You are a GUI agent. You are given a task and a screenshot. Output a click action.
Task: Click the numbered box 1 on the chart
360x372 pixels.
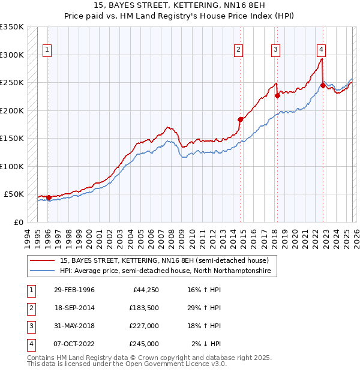click(x=47, y=50)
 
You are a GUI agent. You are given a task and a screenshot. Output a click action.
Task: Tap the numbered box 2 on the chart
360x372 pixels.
click(x=239, y=50)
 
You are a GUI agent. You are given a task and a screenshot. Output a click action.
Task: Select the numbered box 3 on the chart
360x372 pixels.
click(x=275, y=50)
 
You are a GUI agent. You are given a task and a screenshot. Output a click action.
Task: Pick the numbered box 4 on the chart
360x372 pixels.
click(x=322, y=50)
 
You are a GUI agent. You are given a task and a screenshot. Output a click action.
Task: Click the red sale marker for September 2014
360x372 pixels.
click(x=241, y=119)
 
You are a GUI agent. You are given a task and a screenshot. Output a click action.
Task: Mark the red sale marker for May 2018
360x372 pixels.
click(x=277, y=95)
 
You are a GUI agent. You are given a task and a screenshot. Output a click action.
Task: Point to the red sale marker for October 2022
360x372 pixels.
click(x=323, y=85)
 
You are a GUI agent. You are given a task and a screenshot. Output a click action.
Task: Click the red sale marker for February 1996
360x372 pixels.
click(x=49, y=197)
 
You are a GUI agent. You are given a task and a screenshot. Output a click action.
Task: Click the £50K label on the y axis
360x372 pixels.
click(x=14, y=194)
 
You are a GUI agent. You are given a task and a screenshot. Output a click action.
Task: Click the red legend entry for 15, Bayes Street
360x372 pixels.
click(x=168, y=260)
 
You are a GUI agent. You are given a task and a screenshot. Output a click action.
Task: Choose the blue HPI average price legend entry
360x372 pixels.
click(x=165, y=271)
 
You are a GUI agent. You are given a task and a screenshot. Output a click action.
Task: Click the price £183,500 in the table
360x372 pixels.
click(x=144, y=308)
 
